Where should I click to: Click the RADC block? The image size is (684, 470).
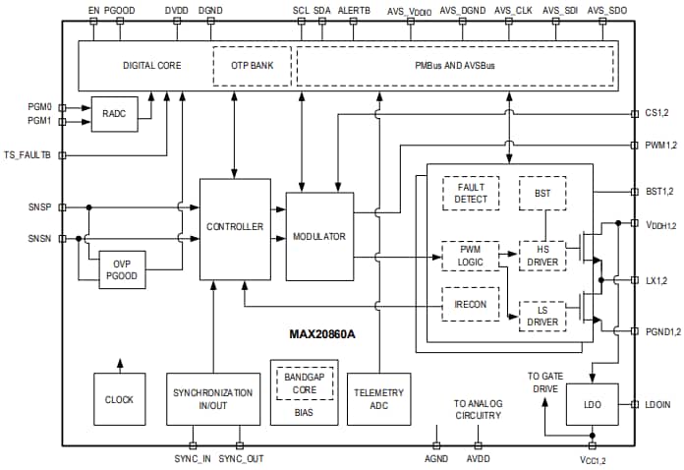click(113, 113)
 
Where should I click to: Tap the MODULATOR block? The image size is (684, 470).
click(318, 236)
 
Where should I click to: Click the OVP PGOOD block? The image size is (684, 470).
click(121, 268)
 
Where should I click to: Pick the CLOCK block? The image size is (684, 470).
click(119, 398)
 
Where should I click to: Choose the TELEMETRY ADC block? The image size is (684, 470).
click(378, 398)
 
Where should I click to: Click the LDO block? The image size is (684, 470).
click(591, 404)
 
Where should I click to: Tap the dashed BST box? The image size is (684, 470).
click(541, 193)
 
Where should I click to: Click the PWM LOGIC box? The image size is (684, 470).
click(471, 256)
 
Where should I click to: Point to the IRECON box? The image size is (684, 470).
click(471, 302)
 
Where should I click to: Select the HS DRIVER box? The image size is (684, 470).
click(541, 256)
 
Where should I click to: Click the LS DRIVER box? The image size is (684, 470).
click(541, 316)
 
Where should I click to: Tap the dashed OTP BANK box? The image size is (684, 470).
click(251, 66)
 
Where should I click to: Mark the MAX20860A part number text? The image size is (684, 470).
click(320, 333)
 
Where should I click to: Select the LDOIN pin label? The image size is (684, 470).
click(657, 405)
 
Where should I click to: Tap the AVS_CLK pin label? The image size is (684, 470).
click(514, 10)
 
